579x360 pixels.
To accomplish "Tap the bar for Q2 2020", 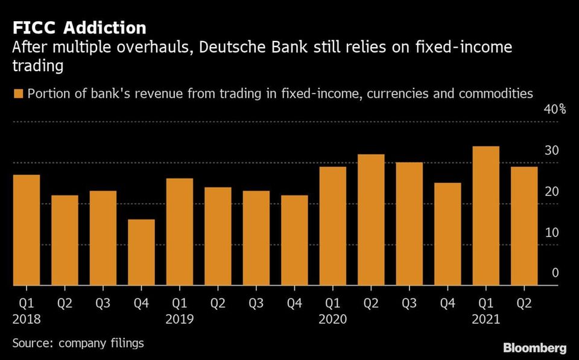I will pyautogui.click(x=371, y=219).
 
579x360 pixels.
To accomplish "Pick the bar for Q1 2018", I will pyautogui.click(x=26, y=230).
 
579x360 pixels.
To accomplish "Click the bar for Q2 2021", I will pyautogui.click(x=524, y=226).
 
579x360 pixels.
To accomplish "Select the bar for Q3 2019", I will pyautogui.click(x=256, y=238).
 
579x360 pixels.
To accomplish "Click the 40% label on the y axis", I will pyautogui.click(x=555, y=110).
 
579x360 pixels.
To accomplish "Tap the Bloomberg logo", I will pyautogui.click(x=535, y=348).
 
